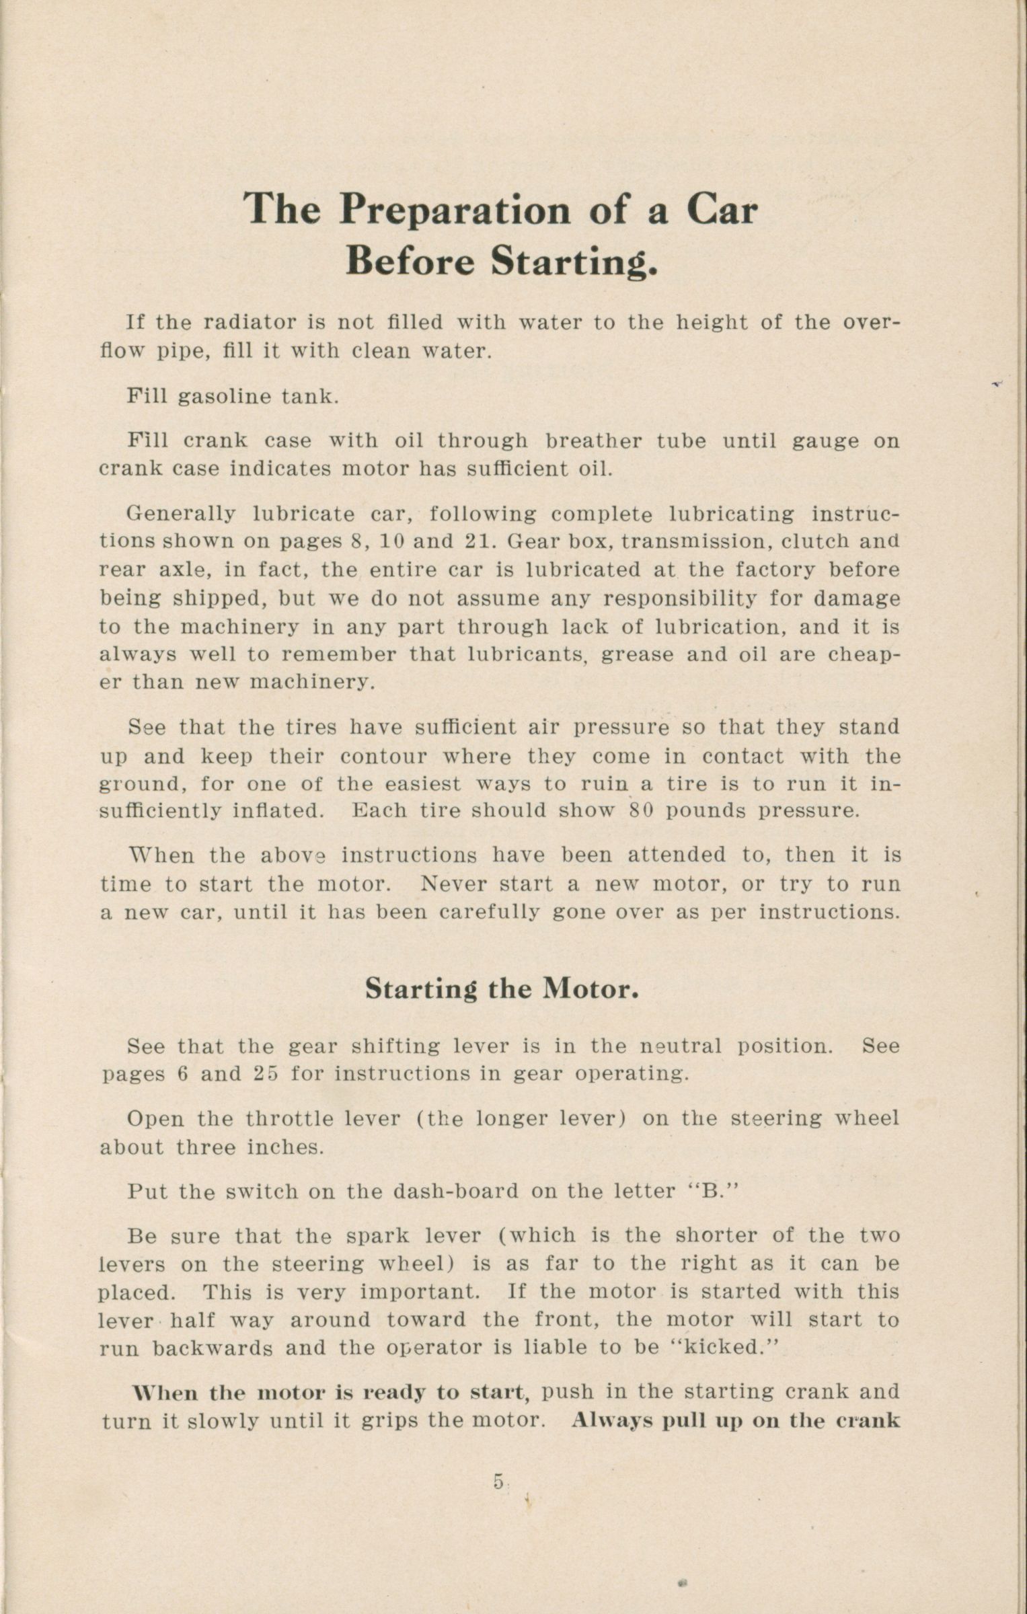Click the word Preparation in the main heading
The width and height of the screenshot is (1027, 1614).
455,210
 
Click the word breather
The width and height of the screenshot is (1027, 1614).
592,441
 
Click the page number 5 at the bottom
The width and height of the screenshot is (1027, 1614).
498,1481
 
